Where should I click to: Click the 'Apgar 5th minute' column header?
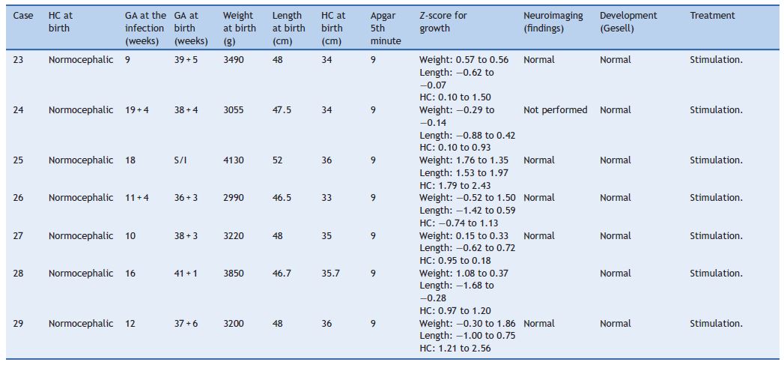point(386,28)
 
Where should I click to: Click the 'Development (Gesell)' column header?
point(628,22)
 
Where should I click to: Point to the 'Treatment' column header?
point(712,16)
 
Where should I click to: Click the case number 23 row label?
point(19,60)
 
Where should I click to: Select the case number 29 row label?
point(19,324)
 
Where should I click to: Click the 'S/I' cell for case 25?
point(180,160)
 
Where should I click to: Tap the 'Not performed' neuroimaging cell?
point(555,110)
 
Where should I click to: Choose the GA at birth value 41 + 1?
point(186,274)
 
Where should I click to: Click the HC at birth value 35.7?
point(330,274)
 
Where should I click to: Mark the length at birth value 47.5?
point(282,110)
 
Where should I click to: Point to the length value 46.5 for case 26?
point(282,198)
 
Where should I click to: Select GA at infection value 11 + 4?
point(137,198)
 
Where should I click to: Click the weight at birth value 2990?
point(233,198)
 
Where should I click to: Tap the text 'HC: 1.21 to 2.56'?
point(455,349)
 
